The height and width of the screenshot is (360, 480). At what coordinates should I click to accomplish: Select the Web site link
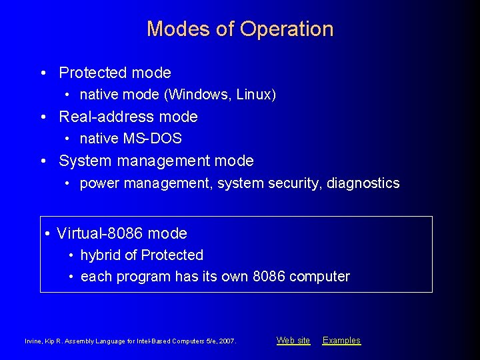[x=293, y=341]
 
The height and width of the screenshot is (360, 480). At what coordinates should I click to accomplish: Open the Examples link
[x=341, y=341]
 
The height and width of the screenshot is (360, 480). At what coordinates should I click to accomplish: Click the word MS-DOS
[x=153, y=139]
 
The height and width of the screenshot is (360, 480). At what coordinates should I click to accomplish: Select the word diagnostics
[x=363, y=183]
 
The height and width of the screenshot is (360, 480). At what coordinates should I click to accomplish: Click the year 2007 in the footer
[x=227, y=341]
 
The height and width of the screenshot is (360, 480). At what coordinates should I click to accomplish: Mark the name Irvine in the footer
[x=33, y=341]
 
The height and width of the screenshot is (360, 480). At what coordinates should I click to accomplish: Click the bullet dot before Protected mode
[x=43, y=73]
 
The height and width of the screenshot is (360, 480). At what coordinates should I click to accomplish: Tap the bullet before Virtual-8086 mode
[x=48, y=234]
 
